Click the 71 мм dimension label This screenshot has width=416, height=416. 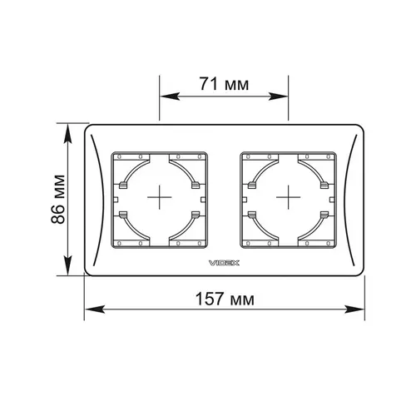tap(224, 84)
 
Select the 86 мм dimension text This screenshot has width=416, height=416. tap(58, 199)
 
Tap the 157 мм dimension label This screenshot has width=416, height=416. tap(225, 299)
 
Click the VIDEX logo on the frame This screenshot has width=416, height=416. tap(224, 263)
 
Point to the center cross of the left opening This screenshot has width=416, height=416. tap(160, 197)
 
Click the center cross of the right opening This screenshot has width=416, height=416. tap(289, 197)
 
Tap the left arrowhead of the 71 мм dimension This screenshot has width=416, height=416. tap(170, 97)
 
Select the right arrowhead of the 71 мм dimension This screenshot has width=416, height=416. tap(278, 97)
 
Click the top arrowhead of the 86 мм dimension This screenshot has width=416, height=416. tap(67, 134)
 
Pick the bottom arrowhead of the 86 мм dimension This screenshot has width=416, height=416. tap(67, 265)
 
